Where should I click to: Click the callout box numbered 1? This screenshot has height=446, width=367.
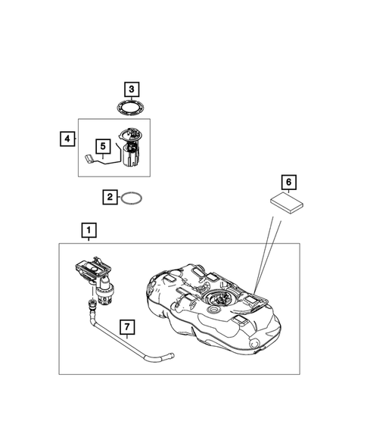[x=89, y=229]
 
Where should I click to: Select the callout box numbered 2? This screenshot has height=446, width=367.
[x=110, y=198]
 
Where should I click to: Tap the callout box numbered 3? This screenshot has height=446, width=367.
[x=131, y=90]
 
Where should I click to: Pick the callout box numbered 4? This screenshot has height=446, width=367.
[x=67, y=139]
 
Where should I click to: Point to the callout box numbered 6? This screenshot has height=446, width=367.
[x=287, y=182]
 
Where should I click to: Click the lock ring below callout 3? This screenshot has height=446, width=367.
[x=131, y=108]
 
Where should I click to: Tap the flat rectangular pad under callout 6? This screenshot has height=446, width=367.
[x=286, y=203]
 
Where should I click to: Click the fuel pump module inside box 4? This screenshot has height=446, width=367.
[x=129, y=148]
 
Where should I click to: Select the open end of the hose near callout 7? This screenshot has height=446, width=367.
[x=170, y=354]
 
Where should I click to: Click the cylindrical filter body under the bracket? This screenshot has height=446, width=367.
[x=104, y=292]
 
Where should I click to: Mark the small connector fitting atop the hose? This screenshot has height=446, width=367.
[x=92, y=305]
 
